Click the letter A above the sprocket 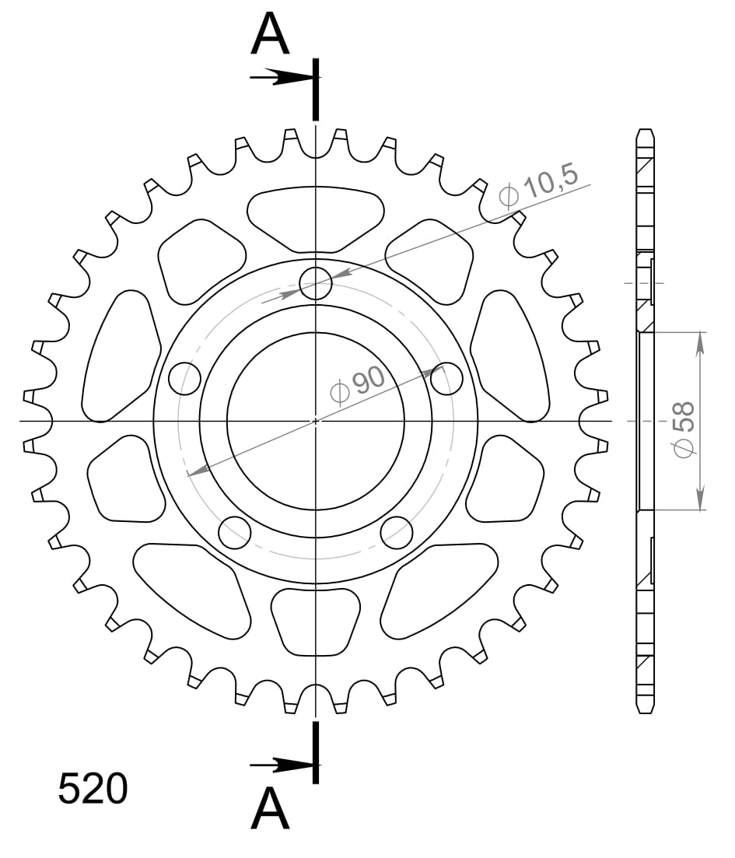pos(270,35)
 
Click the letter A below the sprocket pos(270,808)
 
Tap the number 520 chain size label pos(93,789)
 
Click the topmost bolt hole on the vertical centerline pos(316,283)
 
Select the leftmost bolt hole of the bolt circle pos(184,379)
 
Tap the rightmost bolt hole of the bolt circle pos(446,379)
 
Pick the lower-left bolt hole pos(235,532)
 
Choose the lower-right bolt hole pos(397,532)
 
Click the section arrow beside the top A pos(280,77)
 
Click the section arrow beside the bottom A pos(280,765)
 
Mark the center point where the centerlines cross pos(316,421)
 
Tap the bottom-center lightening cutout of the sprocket pos(316,620)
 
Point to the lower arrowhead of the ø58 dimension pos(701,502)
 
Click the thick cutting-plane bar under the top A pos(315,89)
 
